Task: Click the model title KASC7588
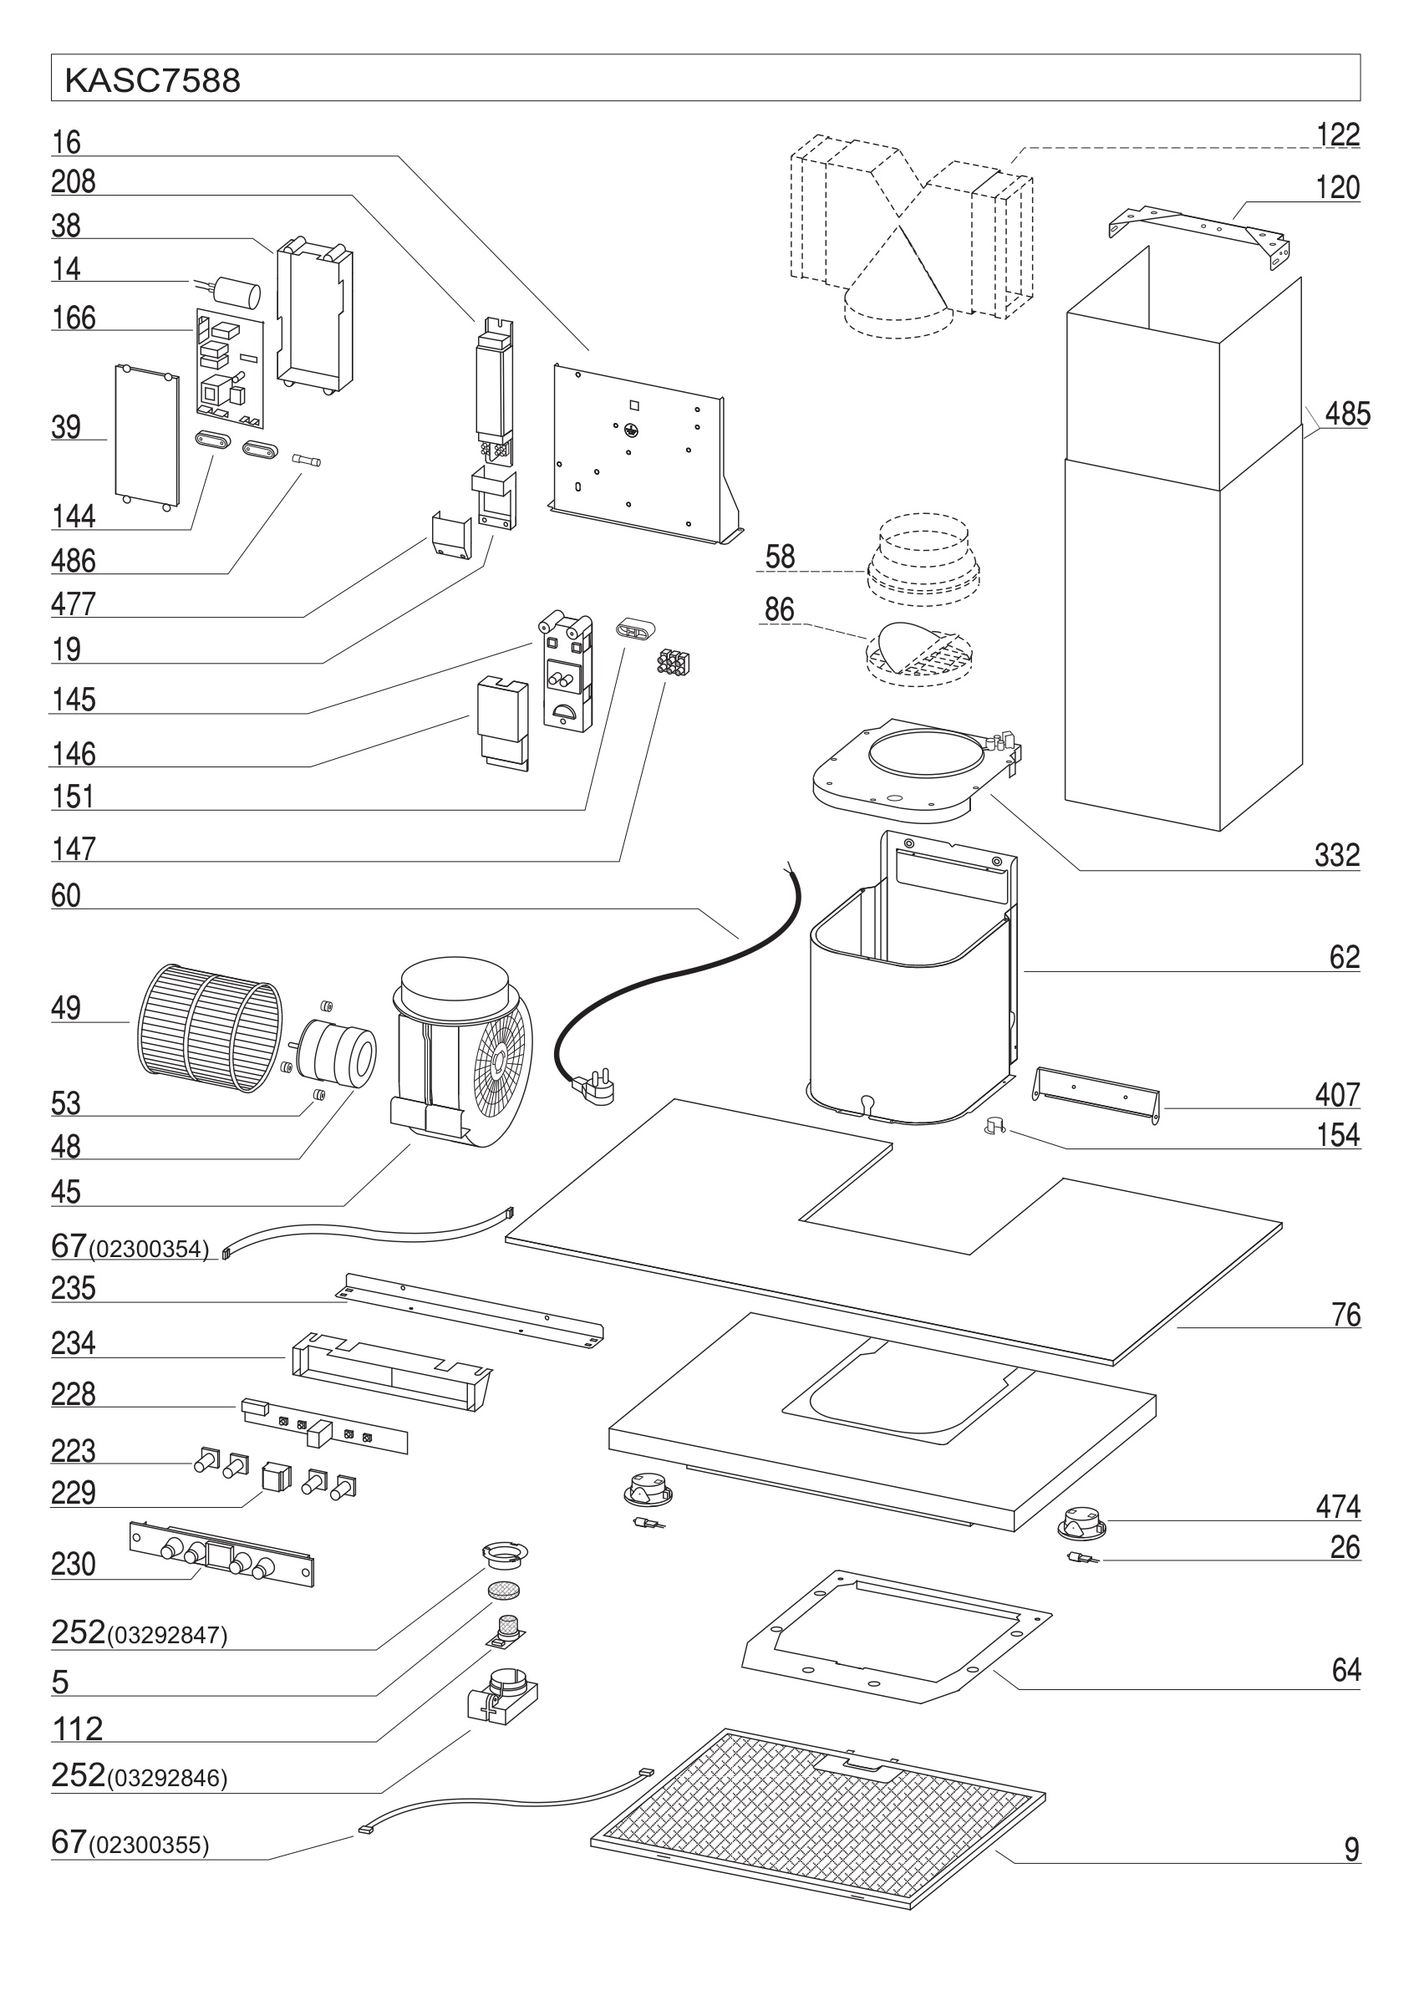[152, 80]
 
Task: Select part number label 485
[1346, 413]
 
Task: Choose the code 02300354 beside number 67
[152, 1250]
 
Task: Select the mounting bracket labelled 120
[1200, 231]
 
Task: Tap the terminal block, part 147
[673, 663]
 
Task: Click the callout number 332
[1336, 855]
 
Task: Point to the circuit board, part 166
[229, 364]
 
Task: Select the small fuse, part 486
[308, 459]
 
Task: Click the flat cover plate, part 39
[146, 435]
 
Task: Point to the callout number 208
[74, 181]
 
